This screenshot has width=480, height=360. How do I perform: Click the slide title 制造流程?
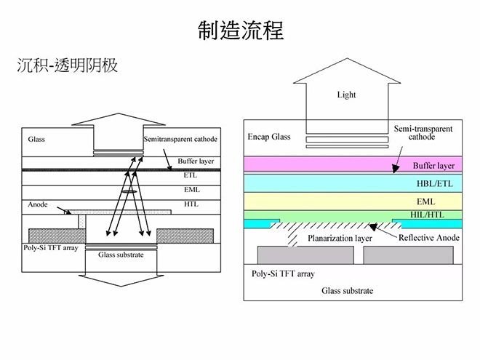tap(240, 31)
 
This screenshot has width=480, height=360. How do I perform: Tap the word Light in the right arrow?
tap(346, 95)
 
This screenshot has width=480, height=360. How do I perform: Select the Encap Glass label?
tap(269, 137)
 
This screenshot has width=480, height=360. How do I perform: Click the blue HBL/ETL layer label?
tap(435, 184)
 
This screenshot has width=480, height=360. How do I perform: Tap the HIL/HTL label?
tap(436, 215)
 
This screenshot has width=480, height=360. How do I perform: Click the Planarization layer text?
tap(340, 238)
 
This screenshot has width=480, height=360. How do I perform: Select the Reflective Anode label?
tap(428, 237)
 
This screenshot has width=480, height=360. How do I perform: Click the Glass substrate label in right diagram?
tap(347, 291)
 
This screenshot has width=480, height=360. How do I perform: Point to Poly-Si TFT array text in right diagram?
tap(283, 274)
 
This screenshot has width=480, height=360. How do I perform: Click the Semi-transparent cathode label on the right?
tap(423, 132)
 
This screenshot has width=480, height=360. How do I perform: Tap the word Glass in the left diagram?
tap(37, 138)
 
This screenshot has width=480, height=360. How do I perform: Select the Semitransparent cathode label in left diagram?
tap(180, 139)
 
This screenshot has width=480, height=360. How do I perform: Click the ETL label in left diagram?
tap(191, 175)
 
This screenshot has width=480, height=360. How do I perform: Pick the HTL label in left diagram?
tap(191, 204)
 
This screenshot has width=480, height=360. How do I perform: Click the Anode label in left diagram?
tap(38, 205)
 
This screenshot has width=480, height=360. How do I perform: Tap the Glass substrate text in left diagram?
tap(121, 255)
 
